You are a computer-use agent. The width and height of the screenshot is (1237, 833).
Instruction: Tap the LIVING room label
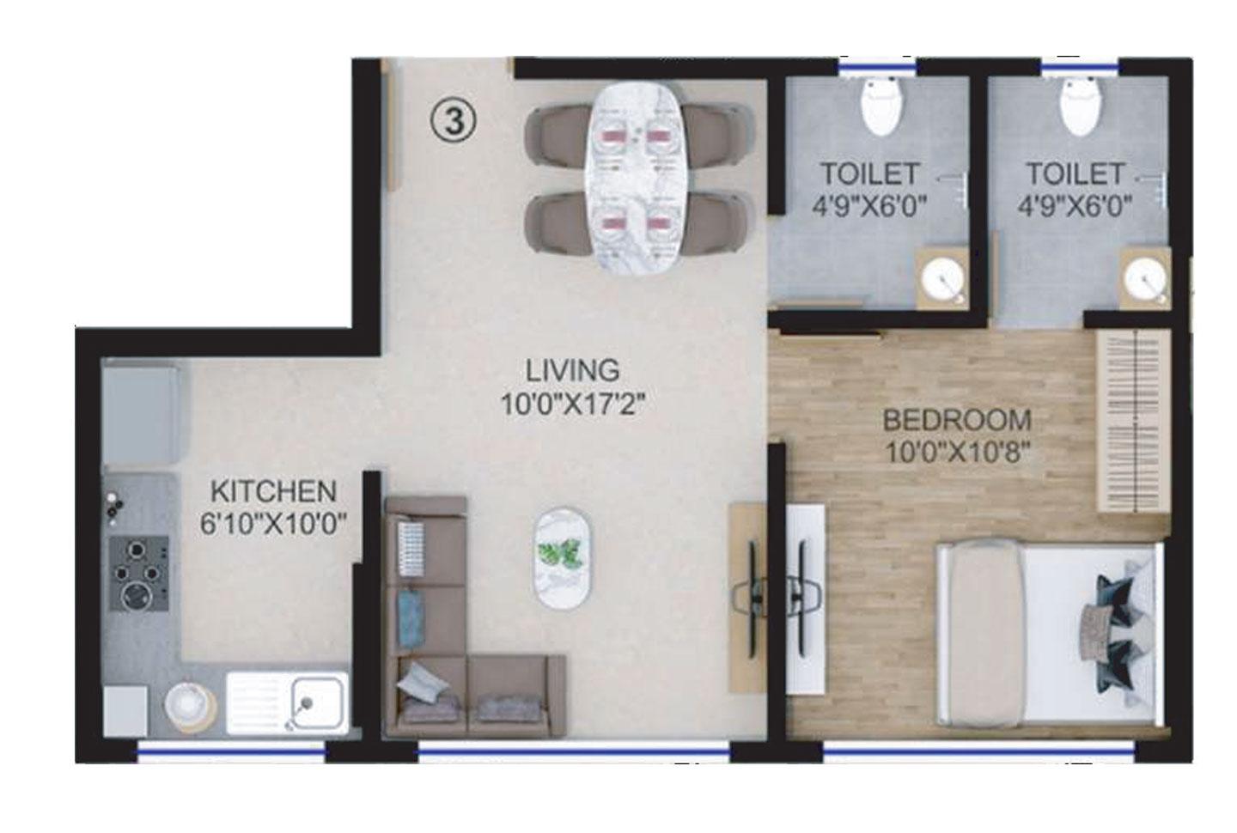[x=573, y=370]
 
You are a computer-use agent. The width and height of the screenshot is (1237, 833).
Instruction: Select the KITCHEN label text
[x=273, y=492]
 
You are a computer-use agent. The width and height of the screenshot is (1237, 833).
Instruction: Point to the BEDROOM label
[x=957, y=421]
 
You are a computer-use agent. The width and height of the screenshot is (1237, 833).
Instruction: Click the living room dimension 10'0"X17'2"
[x=573, y=404]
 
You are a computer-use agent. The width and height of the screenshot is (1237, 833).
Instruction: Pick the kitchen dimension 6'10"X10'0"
[x=273, y=525]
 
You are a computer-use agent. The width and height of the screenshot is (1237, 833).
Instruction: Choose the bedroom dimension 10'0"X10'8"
[x=957, y=452]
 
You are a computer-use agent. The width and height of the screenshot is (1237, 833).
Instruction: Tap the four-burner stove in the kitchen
[x=137, y=573]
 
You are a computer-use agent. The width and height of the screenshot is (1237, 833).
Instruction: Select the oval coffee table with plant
[x=562, y=559]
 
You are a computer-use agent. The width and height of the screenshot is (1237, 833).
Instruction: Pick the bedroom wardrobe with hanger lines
[x=1134, y=421]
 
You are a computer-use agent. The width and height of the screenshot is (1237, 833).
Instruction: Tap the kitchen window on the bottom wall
[x=232, y=752]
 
